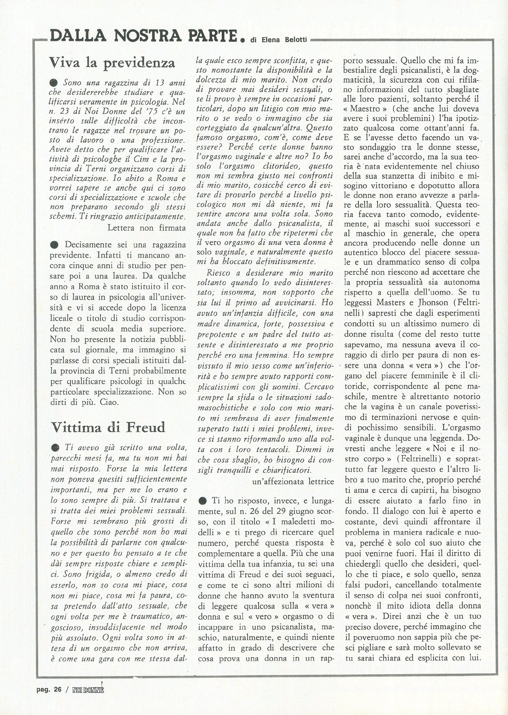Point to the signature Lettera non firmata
click(146, 228)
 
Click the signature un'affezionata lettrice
click(293, 482)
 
